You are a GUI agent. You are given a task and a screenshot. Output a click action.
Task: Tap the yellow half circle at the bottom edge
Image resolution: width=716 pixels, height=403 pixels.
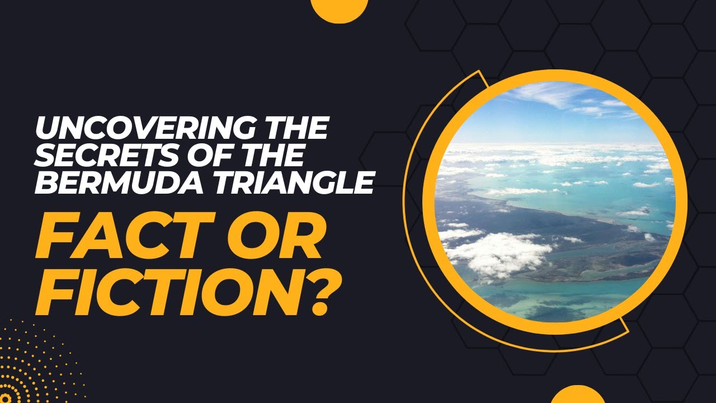tap(578, 395)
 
